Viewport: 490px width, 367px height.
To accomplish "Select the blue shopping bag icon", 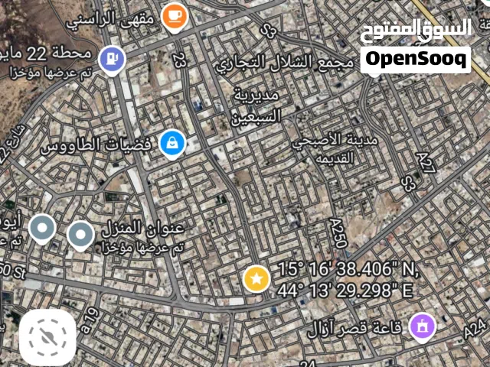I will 171,142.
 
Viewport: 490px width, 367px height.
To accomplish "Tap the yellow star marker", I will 256,278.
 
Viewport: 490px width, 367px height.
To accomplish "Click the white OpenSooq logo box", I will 415,59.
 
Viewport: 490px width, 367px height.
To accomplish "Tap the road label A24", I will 475,329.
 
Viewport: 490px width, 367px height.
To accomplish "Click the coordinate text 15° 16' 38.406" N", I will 348,270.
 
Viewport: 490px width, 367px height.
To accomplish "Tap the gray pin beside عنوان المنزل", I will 80,235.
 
